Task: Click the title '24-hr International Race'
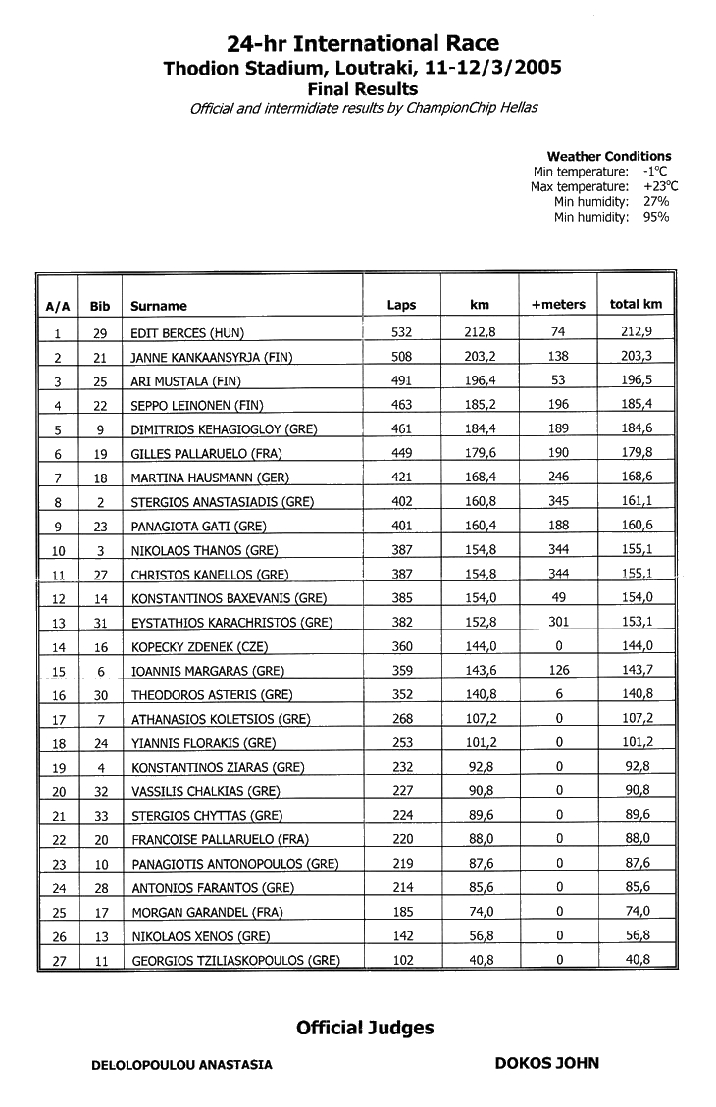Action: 362,44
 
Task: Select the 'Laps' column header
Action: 401,305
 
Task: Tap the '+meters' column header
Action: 557,305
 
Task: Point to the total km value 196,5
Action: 637,380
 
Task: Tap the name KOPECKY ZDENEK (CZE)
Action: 199,647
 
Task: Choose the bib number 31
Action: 99,623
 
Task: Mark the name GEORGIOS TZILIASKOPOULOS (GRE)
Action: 235,962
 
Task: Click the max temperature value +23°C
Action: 660,186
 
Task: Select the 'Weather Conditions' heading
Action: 608,156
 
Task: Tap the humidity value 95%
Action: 656,217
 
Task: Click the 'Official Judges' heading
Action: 365,1028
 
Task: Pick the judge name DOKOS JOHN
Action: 546,1063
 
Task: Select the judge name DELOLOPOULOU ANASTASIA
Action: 181,1064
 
